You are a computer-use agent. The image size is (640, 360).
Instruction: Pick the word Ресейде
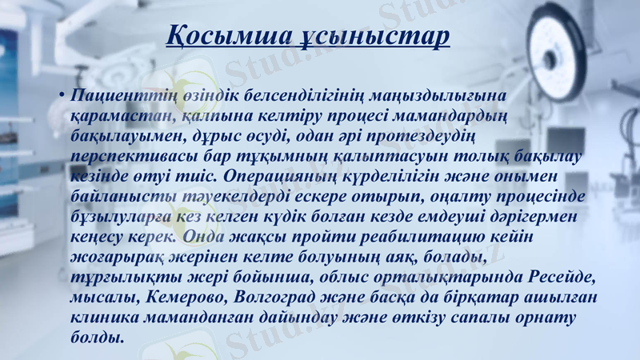click(562, 277)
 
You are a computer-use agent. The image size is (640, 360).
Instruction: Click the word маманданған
click(204, 318)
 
